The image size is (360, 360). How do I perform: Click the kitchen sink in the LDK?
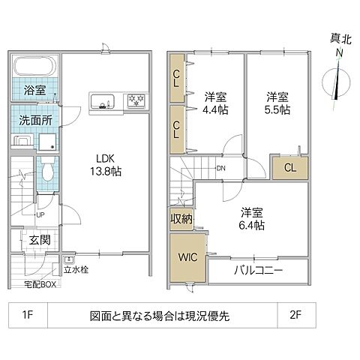point(103,99)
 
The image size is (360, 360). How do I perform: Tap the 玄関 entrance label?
point(40,241)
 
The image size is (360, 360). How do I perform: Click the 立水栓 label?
point(76,269)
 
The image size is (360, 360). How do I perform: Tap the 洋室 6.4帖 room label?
point(252,217)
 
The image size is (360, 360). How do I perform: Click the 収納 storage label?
point(181,219)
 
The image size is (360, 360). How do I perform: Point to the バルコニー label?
point(257,271)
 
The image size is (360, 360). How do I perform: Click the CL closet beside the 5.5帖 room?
point(289,167)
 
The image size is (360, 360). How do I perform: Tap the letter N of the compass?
point(339,52)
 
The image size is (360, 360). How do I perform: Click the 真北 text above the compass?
point(339,37)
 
